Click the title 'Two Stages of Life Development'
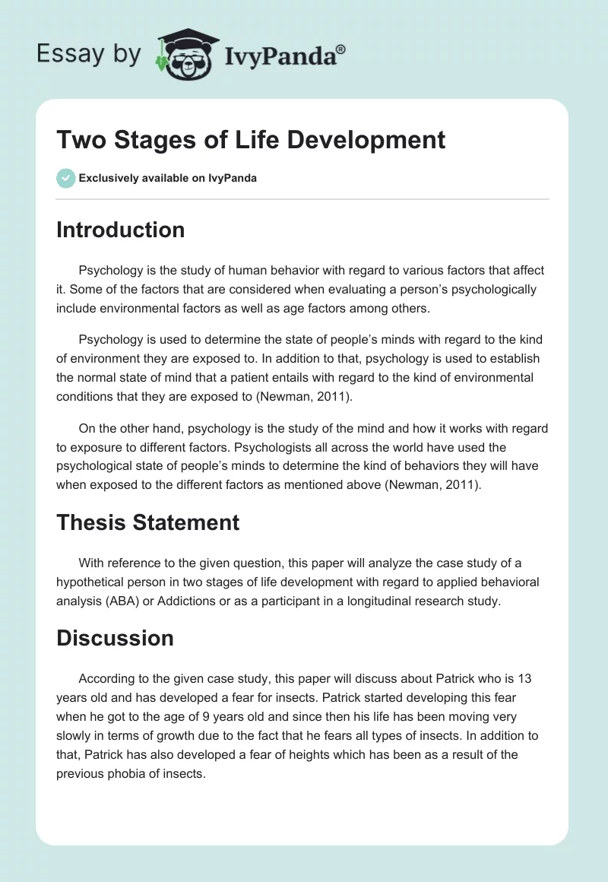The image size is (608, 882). click(250, 140)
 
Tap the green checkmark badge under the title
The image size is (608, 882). click(65, 178)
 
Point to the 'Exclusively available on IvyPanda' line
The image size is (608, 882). click(167, 178)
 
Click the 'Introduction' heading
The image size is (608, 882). click(120, 230)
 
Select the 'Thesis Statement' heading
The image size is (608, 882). click(147, 522)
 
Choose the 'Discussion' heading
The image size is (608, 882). click(115, 637)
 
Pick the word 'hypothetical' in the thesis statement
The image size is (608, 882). click(94, 582)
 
